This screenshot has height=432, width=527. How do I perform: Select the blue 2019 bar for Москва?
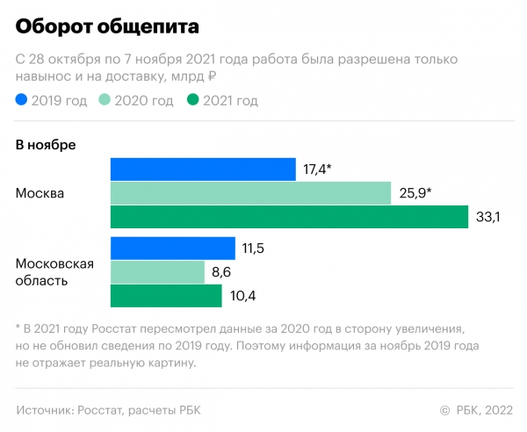(x=202, y=169)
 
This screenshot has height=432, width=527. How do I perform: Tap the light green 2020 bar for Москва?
(x=250, y=193)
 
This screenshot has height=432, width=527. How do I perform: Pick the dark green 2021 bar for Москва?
(x=289, y=217)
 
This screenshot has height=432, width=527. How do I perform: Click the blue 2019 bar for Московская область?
(x=172, y=248)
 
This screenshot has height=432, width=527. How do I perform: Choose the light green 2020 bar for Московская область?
(x=157, y=272)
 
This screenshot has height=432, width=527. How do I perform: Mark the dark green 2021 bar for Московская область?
(x=166, y=296)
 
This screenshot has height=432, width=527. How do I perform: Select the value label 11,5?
(x=253, y=248)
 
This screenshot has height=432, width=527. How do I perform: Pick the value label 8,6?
(x=221, y=272)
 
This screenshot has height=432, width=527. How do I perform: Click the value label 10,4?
(x=241, y=296)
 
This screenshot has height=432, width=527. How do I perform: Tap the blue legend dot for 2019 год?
(x=21, y=101)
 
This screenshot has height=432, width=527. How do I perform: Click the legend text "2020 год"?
(x=145, y=101)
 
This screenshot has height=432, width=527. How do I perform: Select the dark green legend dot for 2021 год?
(x=193, y=101)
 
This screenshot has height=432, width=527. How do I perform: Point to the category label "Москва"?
(x=40, y=193)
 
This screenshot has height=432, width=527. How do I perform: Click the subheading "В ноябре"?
(x=46, y=144)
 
